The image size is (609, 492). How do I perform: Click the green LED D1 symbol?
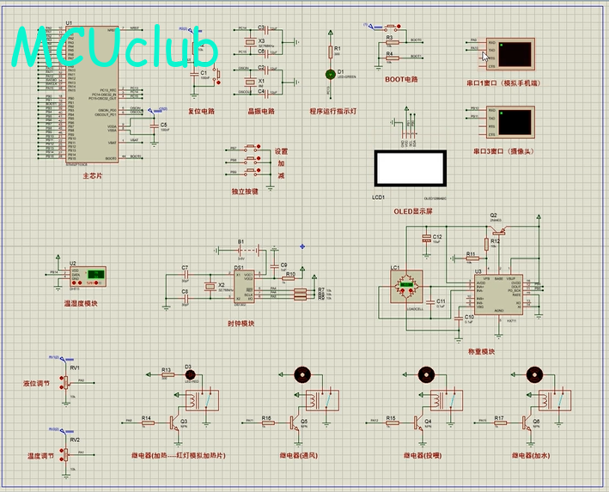point(328,75)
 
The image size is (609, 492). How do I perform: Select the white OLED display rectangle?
point(409,168)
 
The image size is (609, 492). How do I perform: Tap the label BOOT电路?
point(400,80)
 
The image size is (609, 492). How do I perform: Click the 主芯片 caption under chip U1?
point(92,175)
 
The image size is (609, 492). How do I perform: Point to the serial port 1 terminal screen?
point(516,54)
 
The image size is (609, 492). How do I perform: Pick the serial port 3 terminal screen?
point(516,123)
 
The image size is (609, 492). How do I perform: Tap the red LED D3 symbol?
point(190,374)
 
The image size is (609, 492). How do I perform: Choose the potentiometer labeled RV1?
point(65,381)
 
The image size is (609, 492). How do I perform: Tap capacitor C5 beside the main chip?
point(154,126)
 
